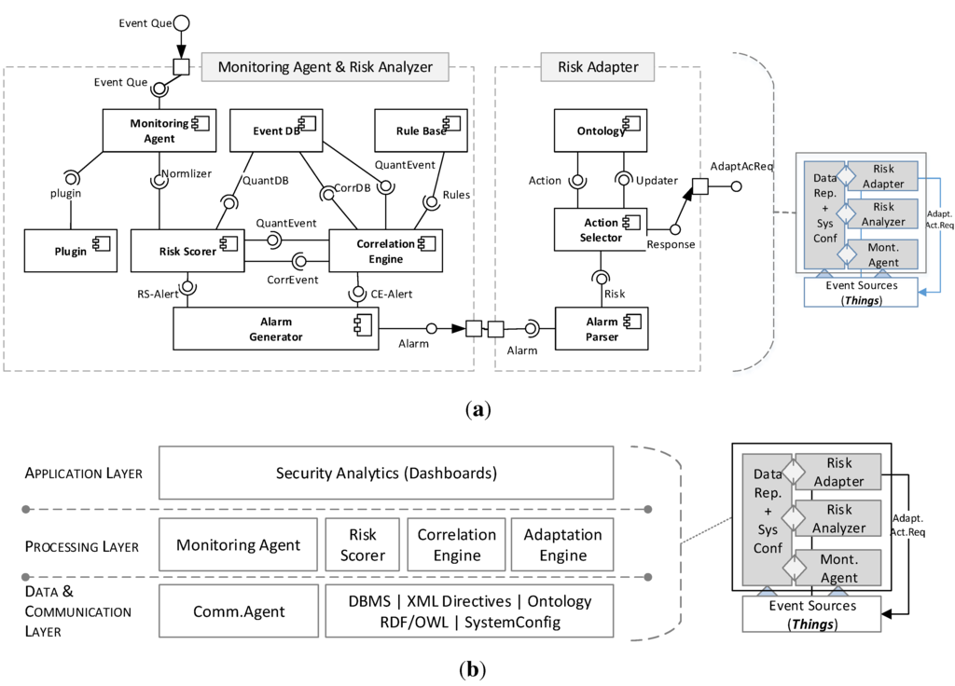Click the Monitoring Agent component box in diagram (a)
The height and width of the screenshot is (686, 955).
[159, 130]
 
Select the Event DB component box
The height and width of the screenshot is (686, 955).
[276, 130]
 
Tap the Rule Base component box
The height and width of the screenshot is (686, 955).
[411, 130]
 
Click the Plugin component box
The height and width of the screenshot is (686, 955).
[70, 251]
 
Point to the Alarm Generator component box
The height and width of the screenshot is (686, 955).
[275, 329]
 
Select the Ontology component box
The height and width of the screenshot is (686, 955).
[601, 130]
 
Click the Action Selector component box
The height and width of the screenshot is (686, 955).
[601, 230]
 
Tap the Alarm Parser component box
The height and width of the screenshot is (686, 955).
[601, 329]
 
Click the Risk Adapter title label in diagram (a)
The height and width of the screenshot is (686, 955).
[597, 66]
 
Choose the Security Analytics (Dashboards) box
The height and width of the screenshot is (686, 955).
[386, 473]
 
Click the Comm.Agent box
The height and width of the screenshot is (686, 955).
[239, 611]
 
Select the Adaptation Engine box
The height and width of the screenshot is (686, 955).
[562, 545]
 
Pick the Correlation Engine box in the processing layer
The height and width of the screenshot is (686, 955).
[457, 545]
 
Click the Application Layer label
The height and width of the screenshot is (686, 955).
[84, 473]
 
